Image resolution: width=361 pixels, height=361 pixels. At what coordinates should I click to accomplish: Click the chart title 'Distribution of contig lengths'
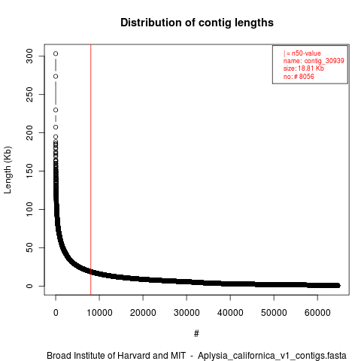197,23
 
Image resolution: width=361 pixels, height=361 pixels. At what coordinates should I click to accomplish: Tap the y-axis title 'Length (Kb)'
8,170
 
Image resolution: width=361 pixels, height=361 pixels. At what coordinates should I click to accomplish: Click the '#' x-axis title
196,334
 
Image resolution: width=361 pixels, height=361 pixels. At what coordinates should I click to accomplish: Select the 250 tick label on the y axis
29,94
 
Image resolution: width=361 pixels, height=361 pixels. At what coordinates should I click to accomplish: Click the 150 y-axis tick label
29,171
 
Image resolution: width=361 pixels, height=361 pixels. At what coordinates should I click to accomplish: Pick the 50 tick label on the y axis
29,247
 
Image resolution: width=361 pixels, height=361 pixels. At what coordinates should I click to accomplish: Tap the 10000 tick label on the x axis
99,313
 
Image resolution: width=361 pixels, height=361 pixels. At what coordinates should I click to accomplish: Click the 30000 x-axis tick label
187,313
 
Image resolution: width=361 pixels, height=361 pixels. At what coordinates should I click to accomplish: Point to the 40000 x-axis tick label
230,313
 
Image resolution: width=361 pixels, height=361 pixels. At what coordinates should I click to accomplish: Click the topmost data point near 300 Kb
56,53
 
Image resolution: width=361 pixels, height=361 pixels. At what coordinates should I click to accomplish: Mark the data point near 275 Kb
56,77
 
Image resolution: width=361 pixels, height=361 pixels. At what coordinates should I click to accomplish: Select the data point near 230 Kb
56,110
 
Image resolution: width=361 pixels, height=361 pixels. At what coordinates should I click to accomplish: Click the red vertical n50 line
91,169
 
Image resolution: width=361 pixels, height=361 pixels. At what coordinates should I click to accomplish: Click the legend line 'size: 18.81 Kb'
304,68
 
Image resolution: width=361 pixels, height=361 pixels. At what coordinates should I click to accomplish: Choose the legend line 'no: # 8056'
299,77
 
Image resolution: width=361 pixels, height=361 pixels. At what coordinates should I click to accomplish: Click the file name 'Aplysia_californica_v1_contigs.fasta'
272,356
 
